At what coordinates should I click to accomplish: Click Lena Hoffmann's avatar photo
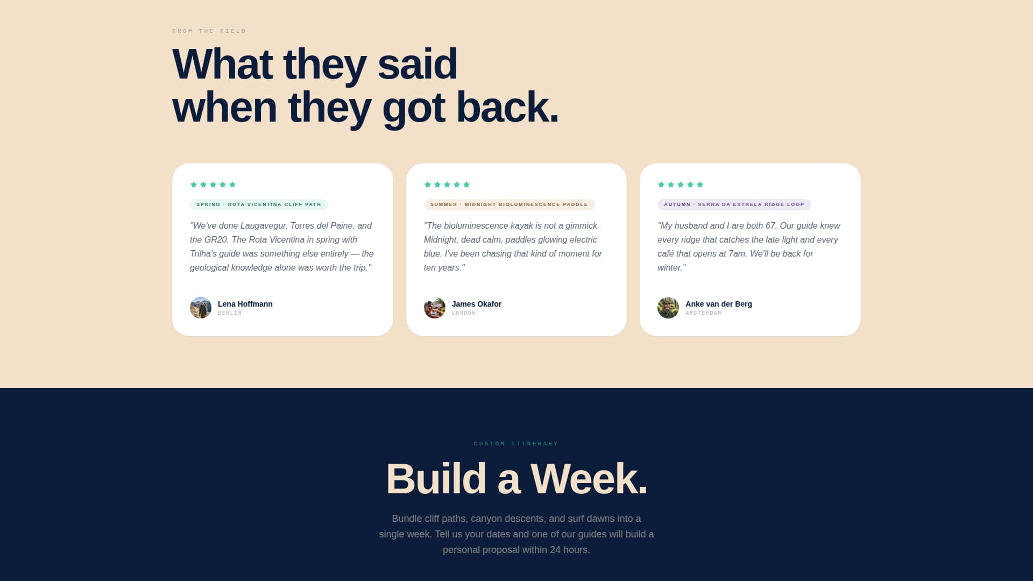point(201,308)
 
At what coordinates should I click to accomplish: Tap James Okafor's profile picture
point(434,308)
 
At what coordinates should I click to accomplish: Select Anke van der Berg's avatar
point(668,308)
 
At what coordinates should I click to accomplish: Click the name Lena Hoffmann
point(245,304)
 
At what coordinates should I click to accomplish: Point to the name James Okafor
point(476,304)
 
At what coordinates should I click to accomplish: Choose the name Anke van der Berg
point(718,304)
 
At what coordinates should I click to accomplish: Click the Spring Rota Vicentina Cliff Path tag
point(259,204)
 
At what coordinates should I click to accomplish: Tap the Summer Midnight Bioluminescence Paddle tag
point(509,204)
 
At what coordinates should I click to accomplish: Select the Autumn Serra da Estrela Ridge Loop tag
point(734,204)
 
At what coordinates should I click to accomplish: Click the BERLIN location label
point(230,313)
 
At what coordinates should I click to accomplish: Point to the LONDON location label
point(464,313)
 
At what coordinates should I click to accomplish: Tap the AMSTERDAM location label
point(703,313)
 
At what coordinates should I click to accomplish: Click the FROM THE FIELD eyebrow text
point(209,31)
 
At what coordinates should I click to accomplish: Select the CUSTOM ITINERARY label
point(516,444)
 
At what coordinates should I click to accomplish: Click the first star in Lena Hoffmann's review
point(194,185)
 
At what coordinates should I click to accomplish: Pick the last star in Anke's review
point(700,185)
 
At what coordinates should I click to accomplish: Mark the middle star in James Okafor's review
point(447,185)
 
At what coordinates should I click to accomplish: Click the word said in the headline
point(417,64)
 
